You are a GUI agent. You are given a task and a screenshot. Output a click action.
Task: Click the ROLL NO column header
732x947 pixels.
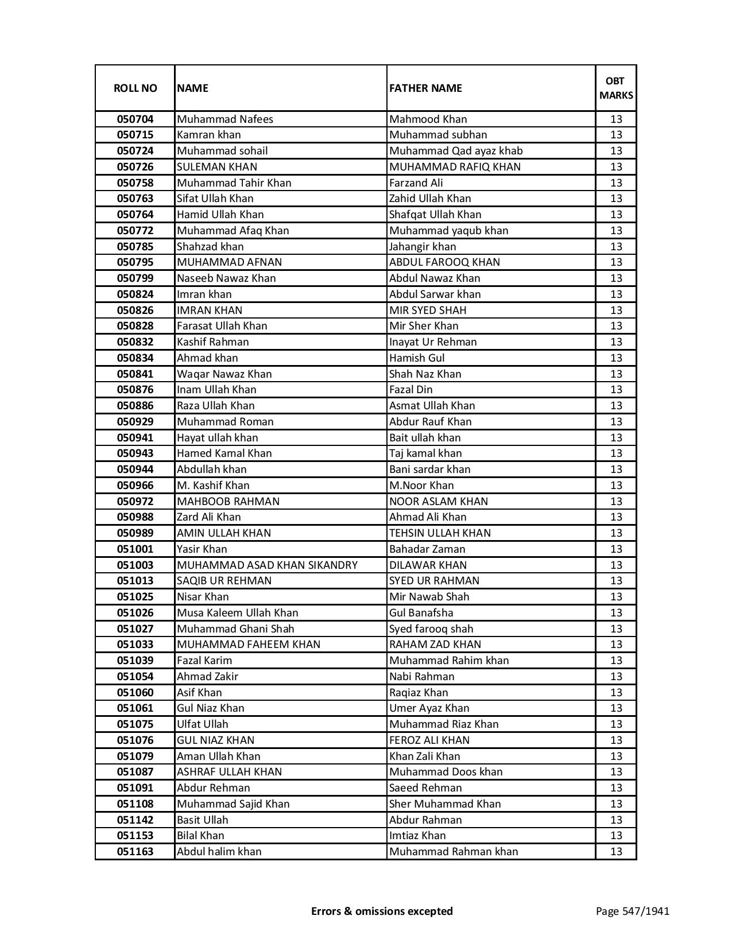pyautogui.click(x=135, y=88)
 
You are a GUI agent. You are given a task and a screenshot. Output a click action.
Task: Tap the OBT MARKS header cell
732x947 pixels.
pyautogui.click(x=616, y=88)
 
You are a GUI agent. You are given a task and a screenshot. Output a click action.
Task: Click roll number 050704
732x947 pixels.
pyautogui.click(x=135, y=119)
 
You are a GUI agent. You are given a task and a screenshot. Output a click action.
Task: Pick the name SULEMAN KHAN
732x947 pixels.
pyautogui.click(x=217, y=167)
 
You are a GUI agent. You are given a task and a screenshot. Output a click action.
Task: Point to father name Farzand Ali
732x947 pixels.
pyautogui.click(x=416, y=183)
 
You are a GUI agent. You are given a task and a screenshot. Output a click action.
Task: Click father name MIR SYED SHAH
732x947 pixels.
pyautogui.click(x=428, y=311)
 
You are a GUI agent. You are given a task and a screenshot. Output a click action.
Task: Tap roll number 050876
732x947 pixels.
pyautogui.click(x=135, y=390)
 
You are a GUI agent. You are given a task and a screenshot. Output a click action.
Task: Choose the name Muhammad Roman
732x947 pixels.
pyautogui.click(x=225, y=422)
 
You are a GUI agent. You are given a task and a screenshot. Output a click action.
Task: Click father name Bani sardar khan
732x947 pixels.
pyautogui.click(x=429, y=469)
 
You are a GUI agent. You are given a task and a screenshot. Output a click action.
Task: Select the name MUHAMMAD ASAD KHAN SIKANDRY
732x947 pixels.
pyautogui.click(x=267, y=565)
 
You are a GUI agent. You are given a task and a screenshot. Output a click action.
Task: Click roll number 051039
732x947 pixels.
pyautogui.click(x=135, y=661)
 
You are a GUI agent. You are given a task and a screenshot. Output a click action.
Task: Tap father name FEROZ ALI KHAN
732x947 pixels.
pyautogui.click(x=429, y=740)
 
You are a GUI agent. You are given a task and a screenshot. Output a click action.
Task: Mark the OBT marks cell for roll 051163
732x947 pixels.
pyautogui.click(x=616, y=852)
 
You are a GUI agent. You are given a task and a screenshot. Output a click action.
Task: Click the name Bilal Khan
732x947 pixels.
pyautogui.click(x=200, y=836)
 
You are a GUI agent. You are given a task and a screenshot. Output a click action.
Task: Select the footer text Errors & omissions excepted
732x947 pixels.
pyautogui.click(x=382, y=911)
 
